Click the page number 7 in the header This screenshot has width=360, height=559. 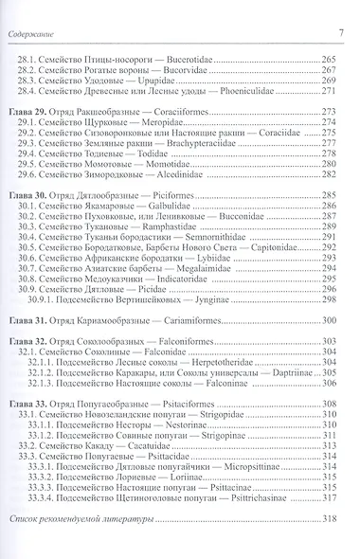(x=340, y=9)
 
